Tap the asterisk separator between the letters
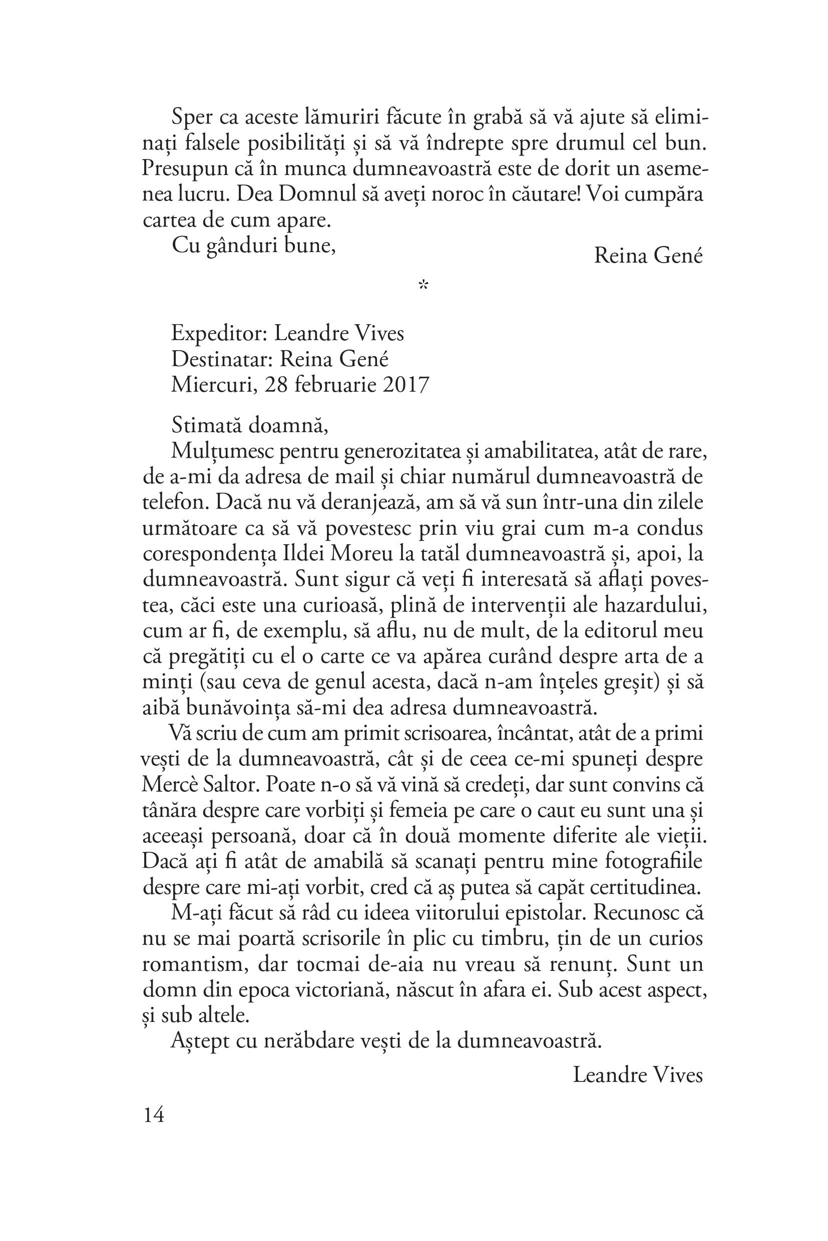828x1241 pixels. [423, 286]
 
